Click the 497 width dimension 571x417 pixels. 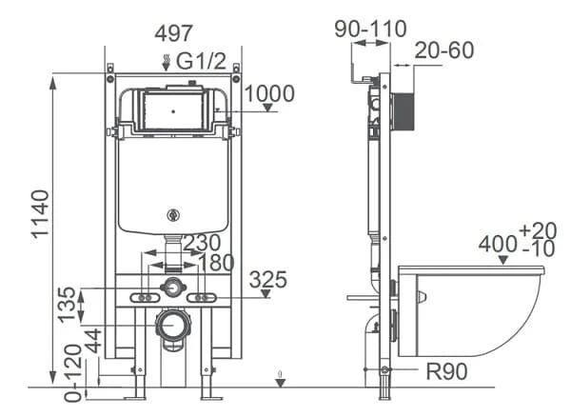coord(174,33)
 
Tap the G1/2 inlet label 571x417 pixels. coord(201,61)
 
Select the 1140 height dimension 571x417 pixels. coord(40,214)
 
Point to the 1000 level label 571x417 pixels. coord(269,93)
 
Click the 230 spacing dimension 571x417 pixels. coord(202,243)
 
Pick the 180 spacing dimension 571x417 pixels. coord(217,263)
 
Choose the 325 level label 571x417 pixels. coord(268,280)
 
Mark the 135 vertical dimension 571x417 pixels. coord(67,305)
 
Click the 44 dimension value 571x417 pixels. coord(93,341)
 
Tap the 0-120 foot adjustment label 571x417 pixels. coord(73,373)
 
